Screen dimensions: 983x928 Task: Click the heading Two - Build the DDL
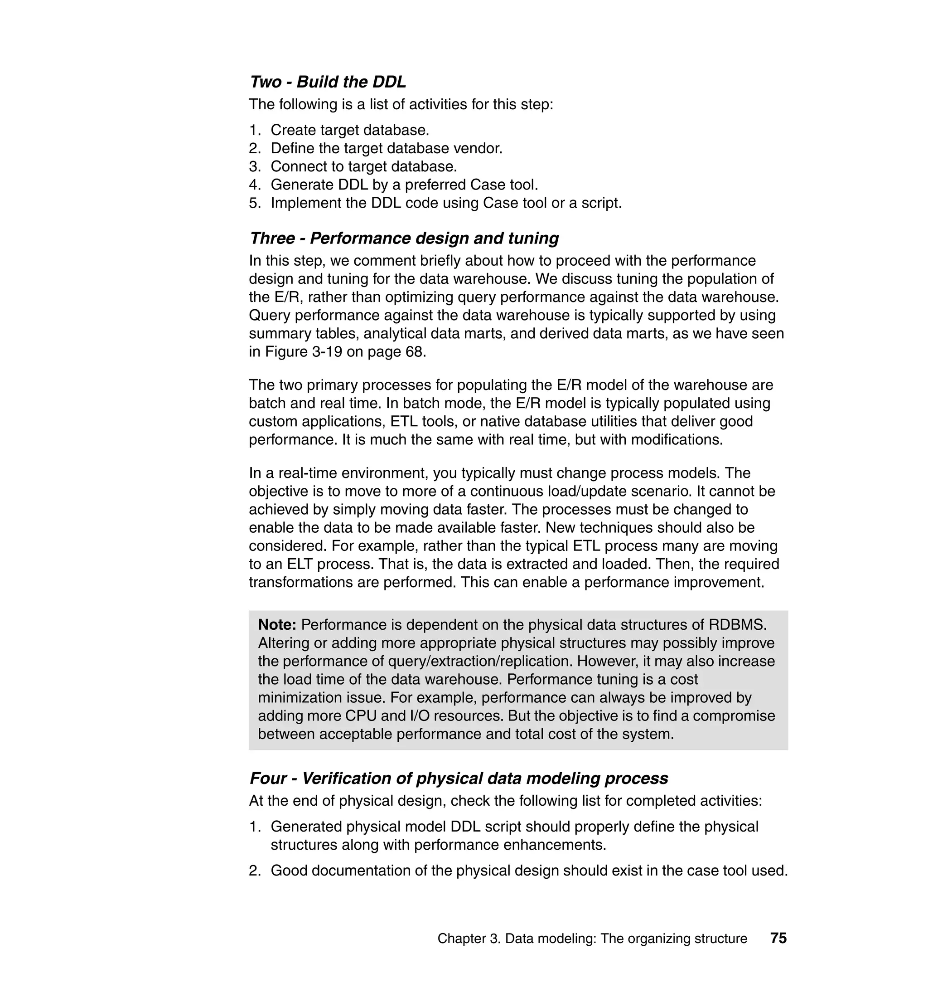click(328, 82)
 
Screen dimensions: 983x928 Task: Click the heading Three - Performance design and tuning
click(404, 238)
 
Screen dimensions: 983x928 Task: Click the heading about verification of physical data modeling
click(458, 778)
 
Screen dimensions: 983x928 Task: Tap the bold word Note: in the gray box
click(277, 625)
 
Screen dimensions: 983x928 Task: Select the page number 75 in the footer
click(778, 938)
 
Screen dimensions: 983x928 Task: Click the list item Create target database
click(349, 130)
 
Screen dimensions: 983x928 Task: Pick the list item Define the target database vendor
click(386, 148)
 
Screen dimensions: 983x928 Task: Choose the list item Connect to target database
click(363, 166)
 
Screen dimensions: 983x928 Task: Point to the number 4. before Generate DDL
click(254, 185)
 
